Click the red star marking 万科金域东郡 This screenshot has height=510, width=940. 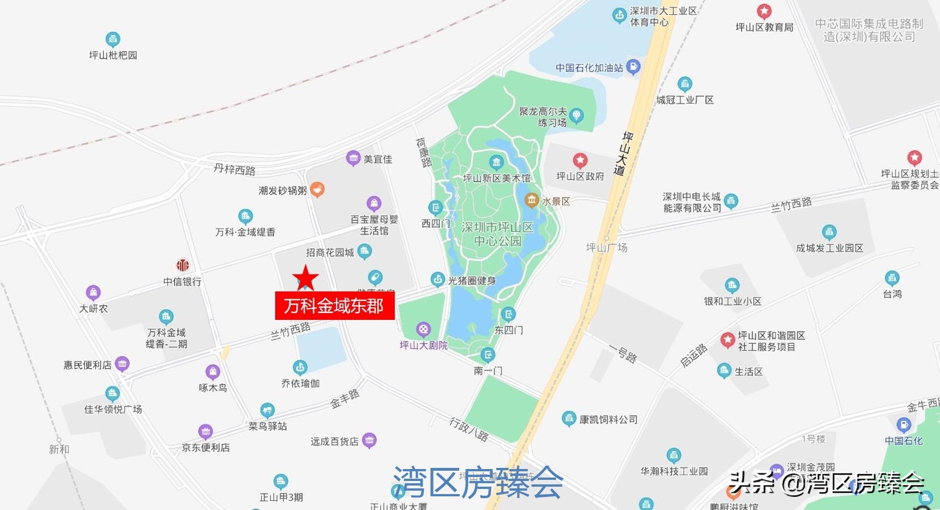tap(305, 278)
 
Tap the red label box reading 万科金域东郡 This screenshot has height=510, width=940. tap(334, 306)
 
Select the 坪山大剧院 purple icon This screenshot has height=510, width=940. tap(423, 329)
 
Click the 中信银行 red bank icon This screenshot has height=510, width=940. tap(182, 265)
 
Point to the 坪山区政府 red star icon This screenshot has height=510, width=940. tap(580, 161)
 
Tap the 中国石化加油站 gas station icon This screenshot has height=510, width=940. tap(633, 67)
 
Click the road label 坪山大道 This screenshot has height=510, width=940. tap(624, 153)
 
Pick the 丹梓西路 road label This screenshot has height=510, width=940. tap(235, 169)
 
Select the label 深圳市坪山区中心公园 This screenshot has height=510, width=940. tap(497, 234)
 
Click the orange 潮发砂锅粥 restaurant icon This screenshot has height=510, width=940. tap(317, 190)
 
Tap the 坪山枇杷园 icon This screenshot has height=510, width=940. tap(113, 39)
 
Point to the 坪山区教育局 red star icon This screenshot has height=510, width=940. tap(764, 11)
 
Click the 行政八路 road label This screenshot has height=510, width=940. tap(469, 429)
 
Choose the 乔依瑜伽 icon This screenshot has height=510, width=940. tap(300, 367)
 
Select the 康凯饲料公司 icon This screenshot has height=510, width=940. tap(569, 419)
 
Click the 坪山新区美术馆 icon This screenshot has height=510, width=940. tap(496, 162)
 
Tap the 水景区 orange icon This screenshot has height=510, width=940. tap(532, 200)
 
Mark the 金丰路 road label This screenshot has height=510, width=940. tap(345, 398)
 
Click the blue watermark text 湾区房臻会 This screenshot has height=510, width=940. tap(478, 482)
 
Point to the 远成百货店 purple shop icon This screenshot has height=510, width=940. tap(369, 440)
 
